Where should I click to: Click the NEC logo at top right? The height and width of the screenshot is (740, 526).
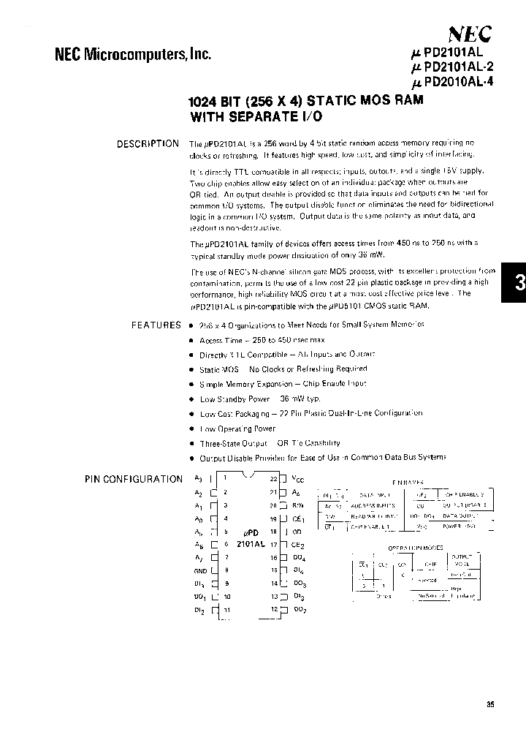(x=469, y=33)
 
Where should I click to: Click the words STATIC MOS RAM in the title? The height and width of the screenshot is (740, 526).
(x=363, y=101)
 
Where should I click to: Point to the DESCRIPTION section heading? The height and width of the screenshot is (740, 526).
(x=148, y=144)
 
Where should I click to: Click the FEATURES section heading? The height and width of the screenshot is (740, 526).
(x=156, y=325)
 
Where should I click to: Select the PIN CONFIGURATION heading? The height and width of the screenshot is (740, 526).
(x=133, y=479)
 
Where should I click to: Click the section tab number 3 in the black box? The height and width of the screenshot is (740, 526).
(x=519, y=285)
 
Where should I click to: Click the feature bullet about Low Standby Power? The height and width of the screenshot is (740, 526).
(x=259, y=399)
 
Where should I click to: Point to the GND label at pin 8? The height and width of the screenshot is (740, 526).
(x=199, y=570)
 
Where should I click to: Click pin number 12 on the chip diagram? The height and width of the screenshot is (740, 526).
(x=274, y=609)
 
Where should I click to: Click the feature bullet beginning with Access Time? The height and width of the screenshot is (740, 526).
(x=262, y=340)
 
